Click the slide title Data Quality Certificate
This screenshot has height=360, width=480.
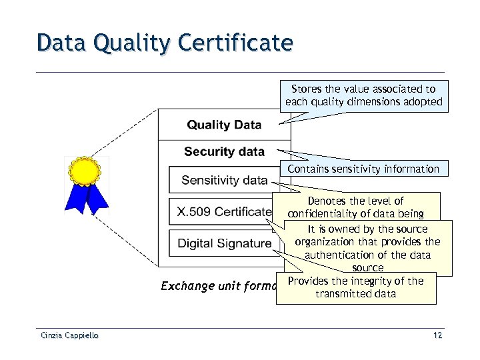coord(165,43)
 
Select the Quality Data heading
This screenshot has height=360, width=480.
coord(224,125)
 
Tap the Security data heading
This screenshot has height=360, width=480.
coord(224,151)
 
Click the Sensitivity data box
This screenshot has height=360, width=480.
coord(225,180)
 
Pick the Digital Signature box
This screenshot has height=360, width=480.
coord(224,243)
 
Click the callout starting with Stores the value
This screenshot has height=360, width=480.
coord(363,95)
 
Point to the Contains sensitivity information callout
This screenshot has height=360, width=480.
coord(363,169)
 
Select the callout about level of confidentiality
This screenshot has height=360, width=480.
coord(363,207)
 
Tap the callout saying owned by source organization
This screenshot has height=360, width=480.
coord(367,248)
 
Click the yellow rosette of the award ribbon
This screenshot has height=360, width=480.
coord(86,171)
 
